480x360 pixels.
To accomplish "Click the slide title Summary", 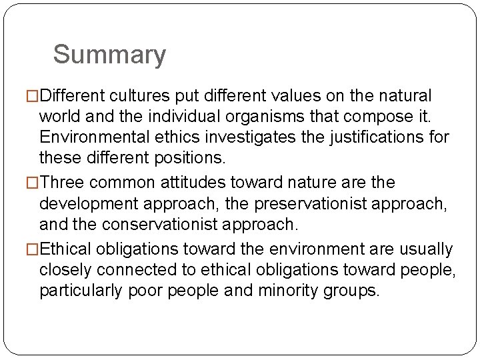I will pos(109,55).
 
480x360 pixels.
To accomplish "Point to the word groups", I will pos(350,291).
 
